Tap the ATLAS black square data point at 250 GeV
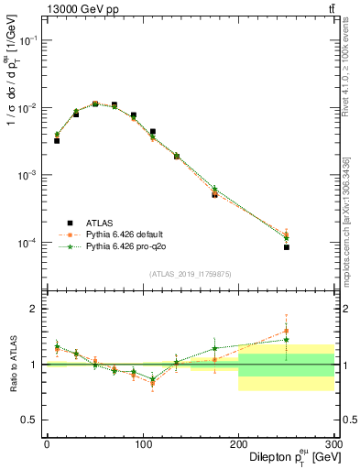(x=287, y=247)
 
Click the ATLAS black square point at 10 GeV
(x=57, y=140)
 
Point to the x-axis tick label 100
(x=142, y=444)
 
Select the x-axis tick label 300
(x=333, y=444)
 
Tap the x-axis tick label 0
(x=47, y=444)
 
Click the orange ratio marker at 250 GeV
(x=287, y=331)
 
